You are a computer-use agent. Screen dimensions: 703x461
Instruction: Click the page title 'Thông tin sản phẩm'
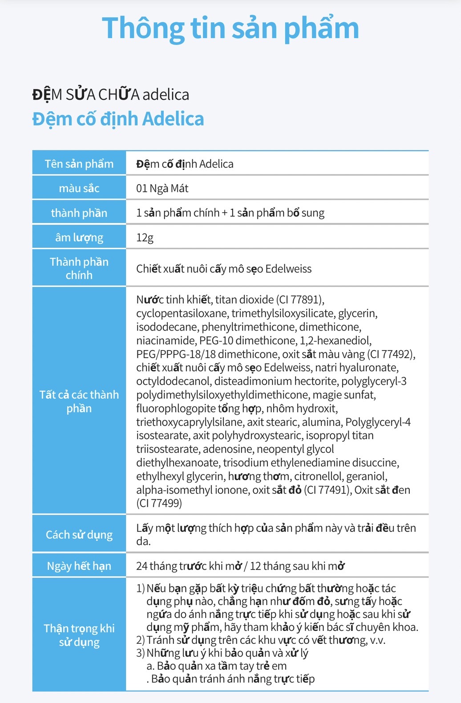point(230,28)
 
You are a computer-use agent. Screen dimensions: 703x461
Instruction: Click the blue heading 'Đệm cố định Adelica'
point(118,119)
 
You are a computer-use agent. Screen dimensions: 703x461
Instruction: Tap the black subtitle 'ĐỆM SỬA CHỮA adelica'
point(111,95)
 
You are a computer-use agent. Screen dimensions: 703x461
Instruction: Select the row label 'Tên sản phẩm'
point(79,164)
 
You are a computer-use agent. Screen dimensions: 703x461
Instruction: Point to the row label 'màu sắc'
point(79,188)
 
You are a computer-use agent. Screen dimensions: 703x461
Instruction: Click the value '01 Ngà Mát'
point(162,188)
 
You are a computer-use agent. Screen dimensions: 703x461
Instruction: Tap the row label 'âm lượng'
point(79,238)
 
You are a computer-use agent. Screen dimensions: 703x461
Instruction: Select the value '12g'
point(145,238)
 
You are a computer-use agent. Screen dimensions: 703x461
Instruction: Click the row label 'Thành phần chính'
point(79,268)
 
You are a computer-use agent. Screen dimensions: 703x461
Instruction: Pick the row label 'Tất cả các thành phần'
point(79,401)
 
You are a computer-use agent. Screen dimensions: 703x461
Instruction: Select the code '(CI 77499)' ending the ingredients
point(159,503)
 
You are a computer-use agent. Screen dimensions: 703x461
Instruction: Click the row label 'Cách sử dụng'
point(79,534)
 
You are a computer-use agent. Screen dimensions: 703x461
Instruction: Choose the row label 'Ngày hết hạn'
point(79,566)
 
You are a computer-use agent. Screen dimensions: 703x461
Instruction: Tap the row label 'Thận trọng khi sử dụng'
point(79,635)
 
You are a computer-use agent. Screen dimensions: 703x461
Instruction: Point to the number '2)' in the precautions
point(141,640)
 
